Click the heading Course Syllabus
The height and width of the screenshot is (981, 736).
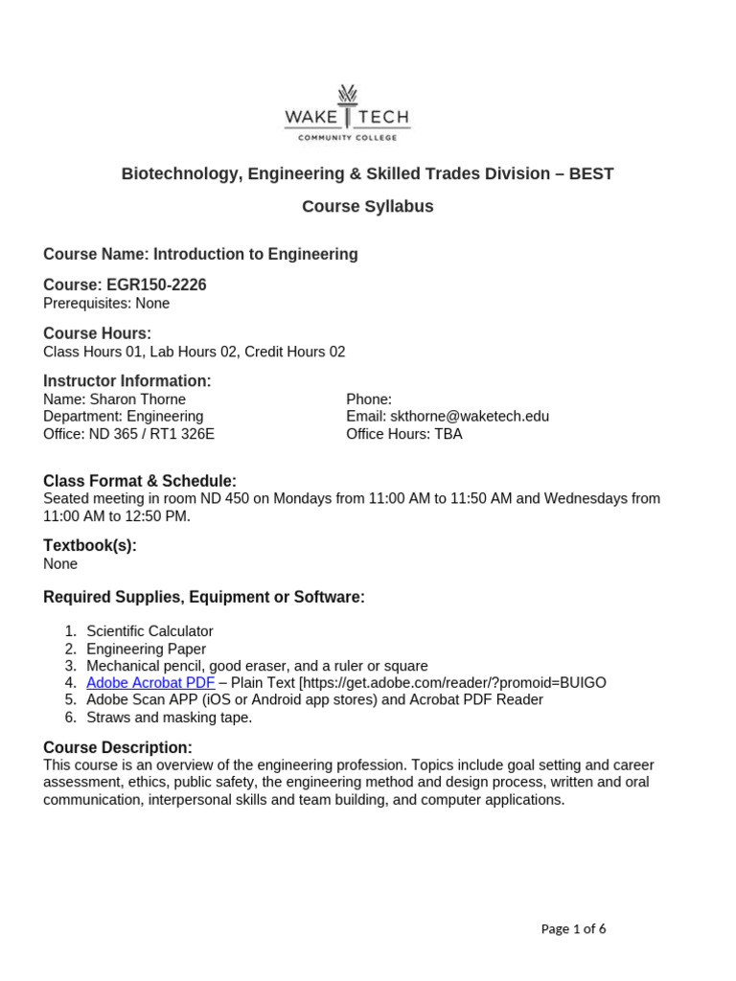(x=368, y=206)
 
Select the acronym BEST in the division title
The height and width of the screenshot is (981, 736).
(x=591, y=173)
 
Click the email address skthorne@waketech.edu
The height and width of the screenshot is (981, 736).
(x=470, y=417)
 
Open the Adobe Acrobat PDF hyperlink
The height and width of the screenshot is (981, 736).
(x=150, y=683)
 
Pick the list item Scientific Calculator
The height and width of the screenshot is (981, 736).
(x=149, y=631)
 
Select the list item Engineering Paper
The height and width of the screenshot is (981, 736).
(x=146, y=649)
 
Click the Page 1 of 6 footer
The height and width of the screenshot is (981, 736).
(x=573, y=928)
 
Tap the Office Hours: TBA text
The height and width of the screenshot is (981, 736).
(x=403, y=434)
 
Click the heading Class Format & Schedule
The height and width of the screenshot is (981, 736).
(x=140, y=480)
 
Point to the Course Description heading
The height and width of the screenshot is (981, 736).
(x=118, y=747)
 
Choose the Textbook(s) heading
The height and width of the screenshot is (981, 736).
(x=90, y=545)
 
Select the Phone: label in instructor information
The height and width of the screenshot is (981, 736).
(x=369, y=399)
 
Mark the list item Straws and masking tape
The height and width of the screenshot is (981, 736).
(x=170, y=718)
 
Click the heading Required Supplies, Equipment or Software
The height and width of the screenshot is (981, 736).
(x=204, y=597)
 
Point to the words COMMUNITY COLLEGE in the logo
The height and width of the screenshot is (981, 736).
(x=347, y=138)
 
